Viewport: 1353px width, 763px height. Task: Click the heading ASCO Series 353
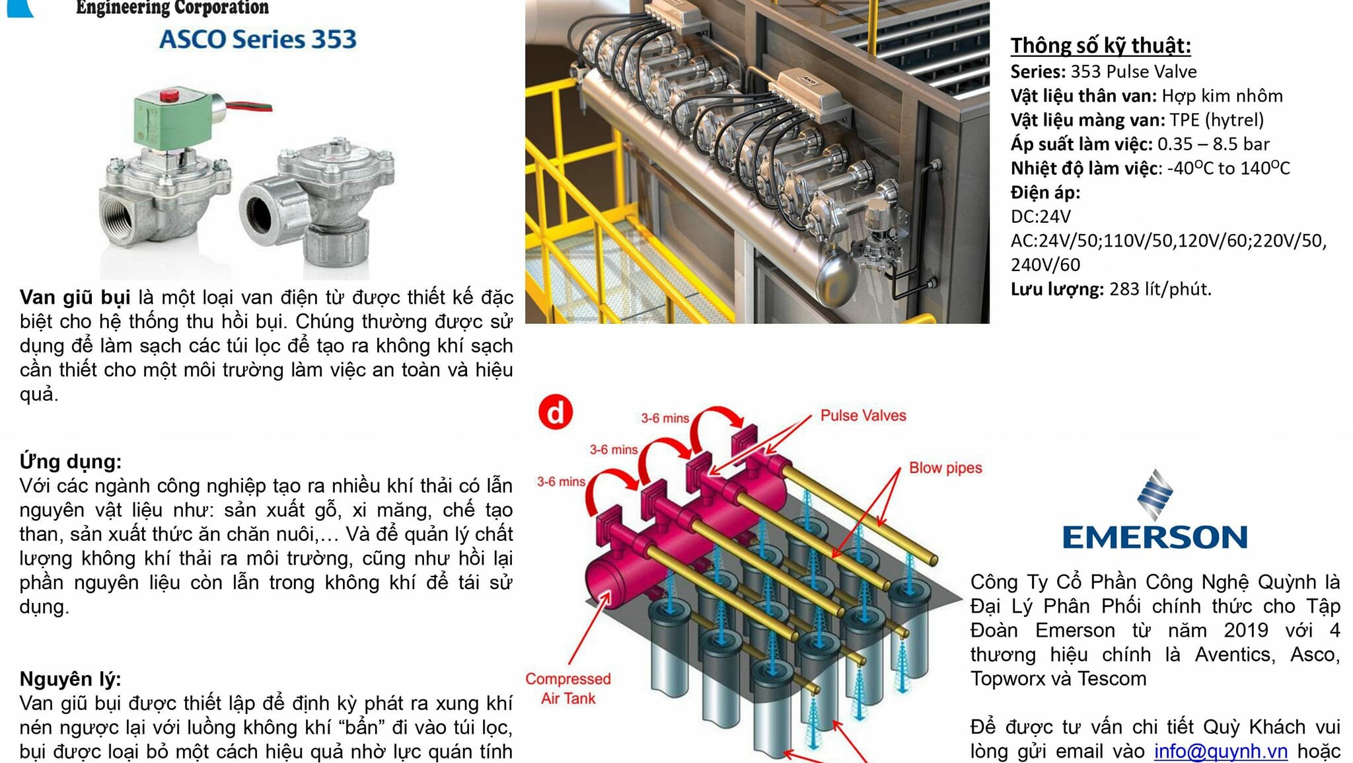click(258, 40)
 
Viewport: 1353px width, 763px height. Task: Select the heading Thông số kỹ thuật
click(1101, 46)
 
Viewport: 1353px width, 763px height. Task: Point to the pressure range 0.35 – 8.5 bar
click(1213, 144)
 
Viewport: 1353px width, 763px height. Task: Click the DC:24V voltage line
click(1041, 217)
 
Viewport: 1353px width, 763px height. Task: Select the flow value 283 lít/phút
click(1160, 290)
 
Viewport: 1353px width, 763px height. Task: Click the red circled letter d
click(556, 413)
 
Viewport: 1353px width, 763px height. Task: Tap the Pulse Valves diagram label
click(863, 416)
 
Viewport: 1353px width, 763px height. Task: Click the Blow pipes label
click(945, 468)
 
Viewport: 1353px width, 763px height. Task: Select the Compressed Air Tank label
click(568, 688)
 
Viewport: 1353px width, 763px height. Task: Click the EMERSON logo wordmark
click(1154, 537)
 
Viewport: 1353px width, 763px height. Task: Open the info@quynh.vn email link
click(1220, 752)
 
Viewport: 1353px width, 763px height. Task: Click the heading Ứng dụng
click(71, 462)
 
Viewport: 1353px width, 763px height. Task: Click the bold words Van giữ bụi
click(75, 298)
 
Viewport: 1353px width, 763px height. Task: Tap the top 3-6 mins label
click(665, 419)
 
